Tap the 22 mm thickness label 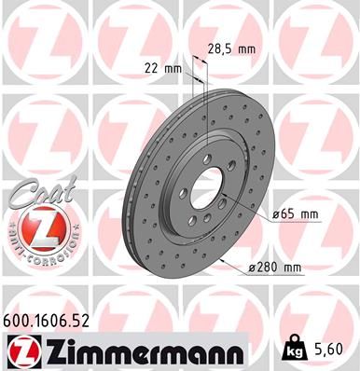click(x=162, y=69)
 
